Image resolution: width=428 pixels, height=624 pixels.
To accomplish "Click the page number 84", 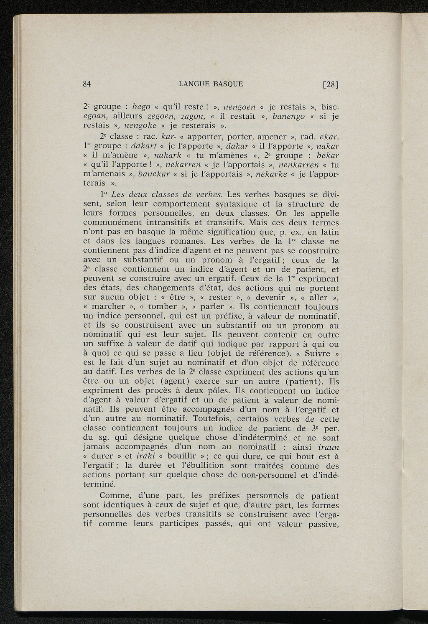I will (87, 84).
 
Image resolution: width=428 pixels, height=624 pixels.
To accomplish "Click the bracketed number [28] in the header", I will (330, 84).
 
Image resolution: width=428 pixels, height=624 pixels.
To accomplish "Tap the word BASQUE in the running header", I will (228, 84).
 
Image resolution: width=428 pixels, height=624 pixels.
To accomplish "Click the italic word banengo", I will (288, 116).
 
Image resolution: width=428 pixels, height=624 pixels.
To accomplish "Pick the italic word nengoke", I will (138, 125).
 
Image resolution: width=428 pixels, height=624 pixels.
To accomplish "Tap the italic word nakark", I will (166, 155).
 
